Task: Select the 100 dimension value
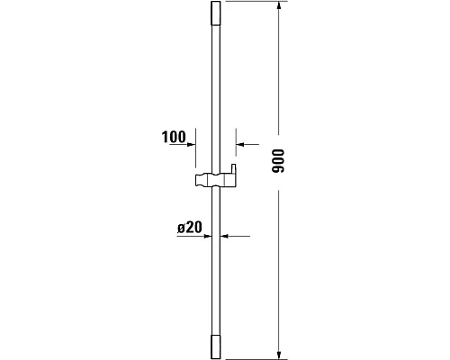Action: coord(173,138)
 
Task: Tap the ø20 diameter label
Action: coord(189,229)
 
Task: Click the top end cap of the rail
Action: coord(215,16)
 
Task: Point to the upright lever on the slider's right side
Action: coord(232,171)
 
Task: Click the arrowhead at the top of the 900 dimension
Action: coord(279,8)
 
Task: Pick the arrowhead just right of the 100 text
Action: coord(192,142)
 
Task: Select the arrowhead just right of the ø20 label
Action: coord(206,236)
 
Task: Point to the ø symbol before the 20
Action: coord(181,229)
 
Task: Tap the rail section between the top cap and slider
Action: coord(215,90)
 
